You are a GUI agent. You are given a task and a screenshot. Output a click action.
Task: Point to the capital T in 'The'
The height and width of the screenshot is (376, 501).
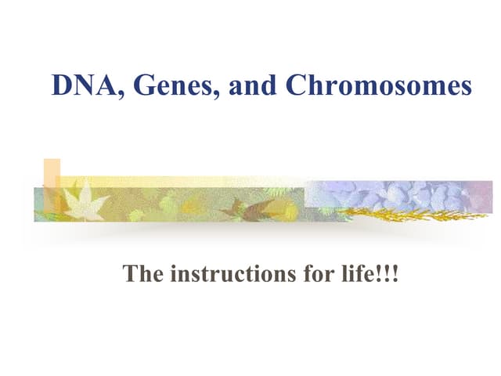click(x=131, y=275)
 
